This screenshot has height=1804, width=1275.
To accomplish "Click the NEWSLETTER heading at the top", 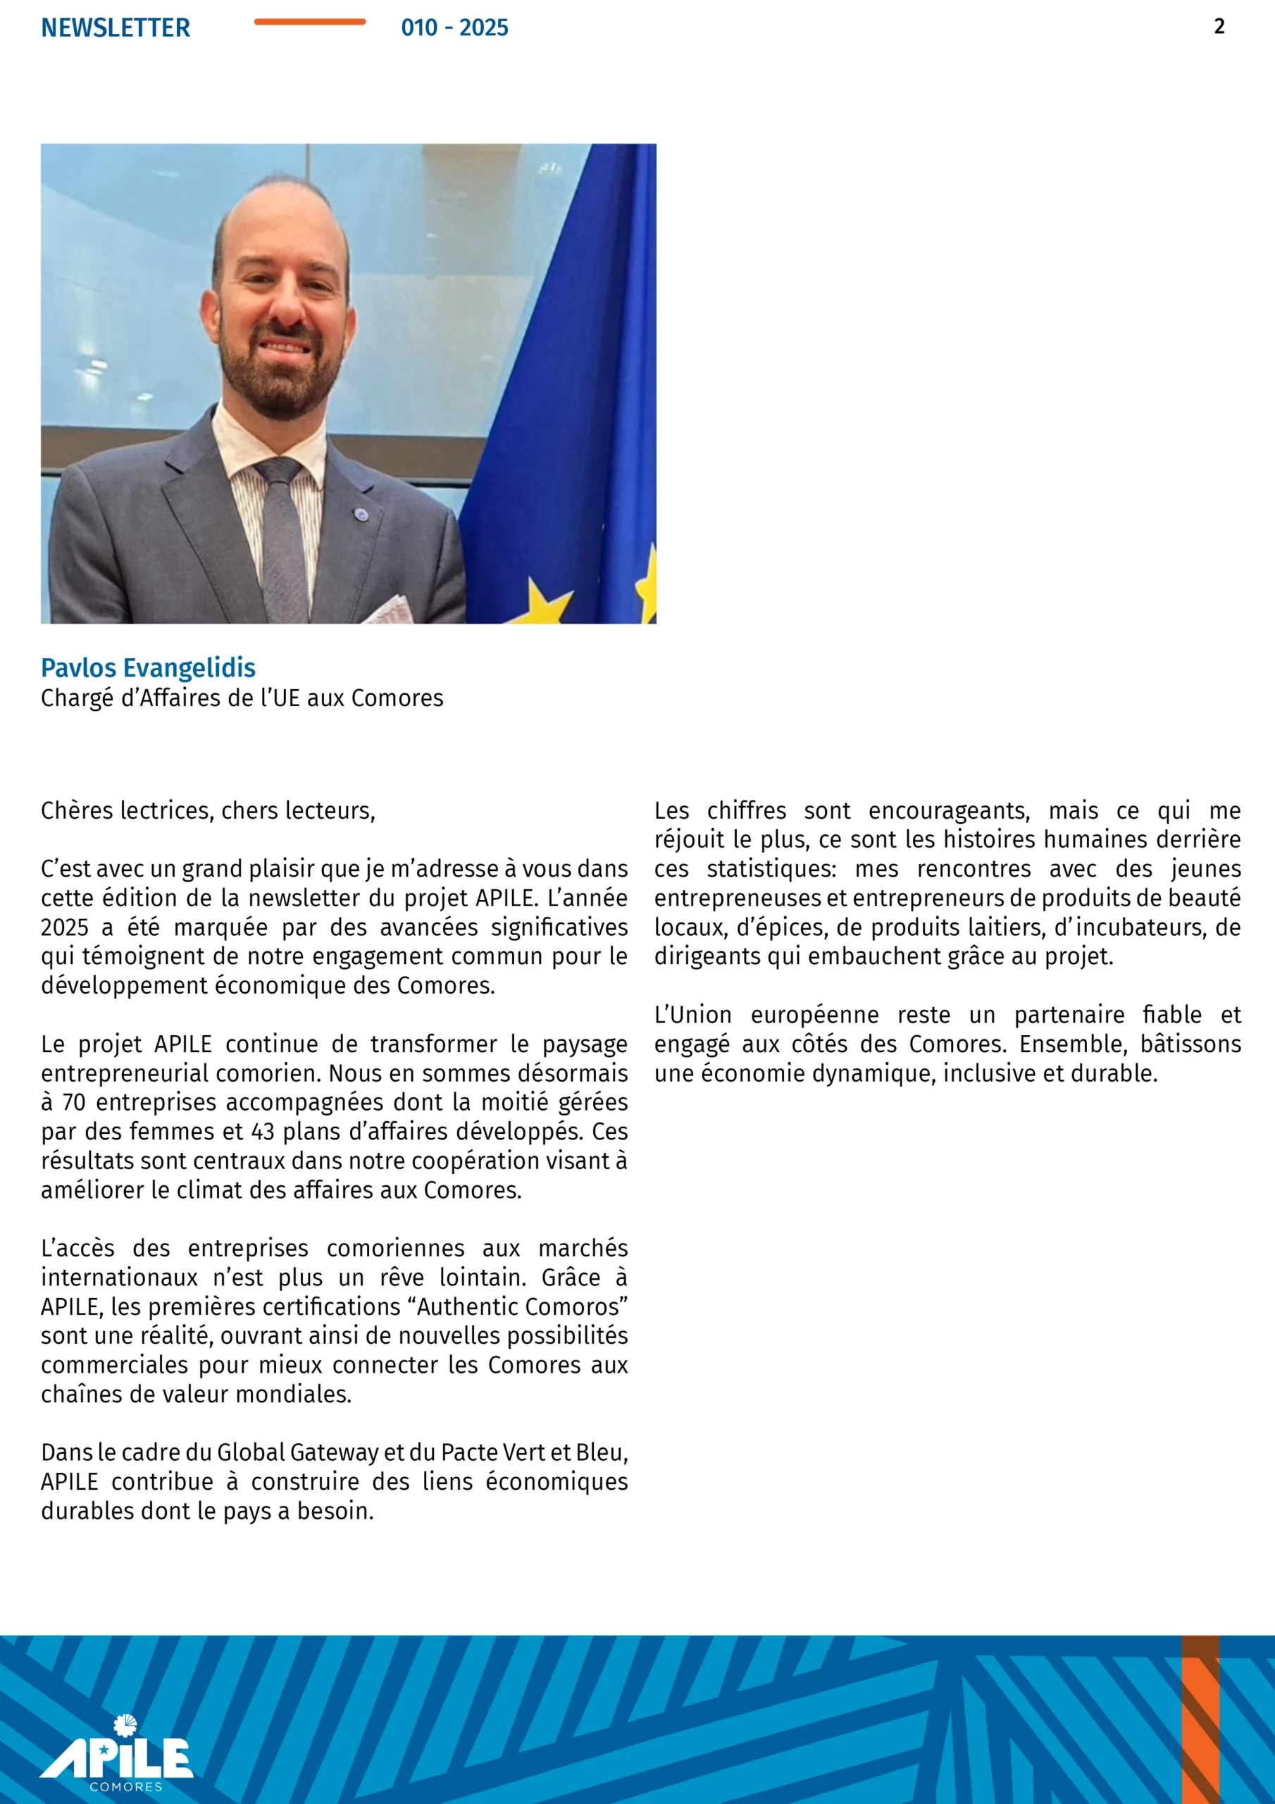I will [x=116, y=27].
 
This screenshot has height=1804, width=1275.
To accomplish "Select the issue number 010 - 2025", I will [x=454, y=27].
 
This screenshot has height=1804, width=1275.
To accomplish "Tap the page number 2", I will [x=1219, y=27].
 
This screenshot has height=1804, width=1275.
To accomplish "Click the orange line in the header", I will [x=309, y=22].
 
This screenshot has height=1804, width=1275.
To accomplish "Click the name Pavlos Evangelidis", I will [x=148, y=668].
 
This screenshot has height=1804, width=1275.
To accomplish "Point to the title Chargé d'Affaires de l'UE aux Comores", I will [x=242, y=698].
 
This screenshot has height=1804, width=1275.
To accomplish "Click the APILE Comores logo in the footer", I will [x=117, y=1753].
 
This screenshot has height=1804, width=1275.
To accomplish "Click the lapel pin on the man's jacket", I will [x=361, y=515].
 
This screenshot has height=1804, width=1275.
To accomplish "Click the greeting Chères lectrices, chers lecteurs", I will [x=209, y=810].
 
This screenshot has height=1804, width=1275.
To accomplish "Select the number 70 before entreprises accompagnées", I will [x=73, y=1102].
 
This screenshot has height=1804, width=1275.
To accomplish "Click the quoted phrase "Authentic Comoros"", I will [x=523, y=1306].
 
